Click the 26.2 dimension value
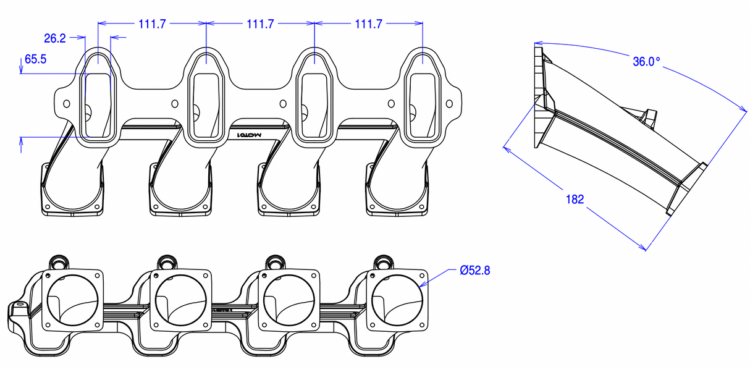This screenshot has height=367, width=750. click(x=55, y=38)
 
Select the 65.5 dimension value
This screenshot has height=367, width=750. click(x=35, y=60)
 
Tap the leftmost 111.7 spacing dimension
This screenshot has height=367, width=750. click(x=152, y=24)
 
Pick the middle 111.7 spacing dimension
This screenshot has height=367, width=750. click(x=260, y=24)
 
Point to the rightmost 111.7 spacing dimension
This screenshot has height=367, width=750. click(x=369, y=24)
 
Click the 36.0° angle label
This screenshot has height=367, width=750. click(x=646, y=62)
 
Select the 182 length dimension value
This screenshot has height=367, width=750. click(x=574, y=199)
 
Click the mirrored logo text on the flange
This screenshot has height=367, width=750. click(x=251, y=134)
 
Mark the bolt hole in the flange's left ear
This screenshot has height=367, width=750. click(x=65, y=103)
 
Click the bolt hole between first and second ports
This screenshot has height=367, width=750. click(x=174, y=104)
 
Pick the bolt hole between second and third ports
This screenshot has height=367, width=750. click(x=283, y=104)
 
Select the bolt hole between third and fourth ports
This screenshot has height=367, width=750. click(x=391, y=104)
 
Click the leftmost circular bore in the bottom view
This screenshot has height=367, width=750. click(x=71, y=300)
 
